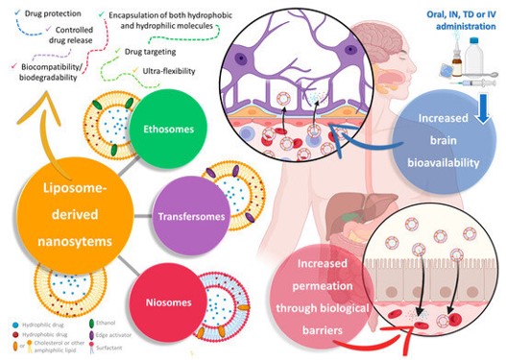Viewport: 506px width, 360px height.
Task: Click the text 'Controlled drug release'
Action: pyautogui.click(x=62, y=37)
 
